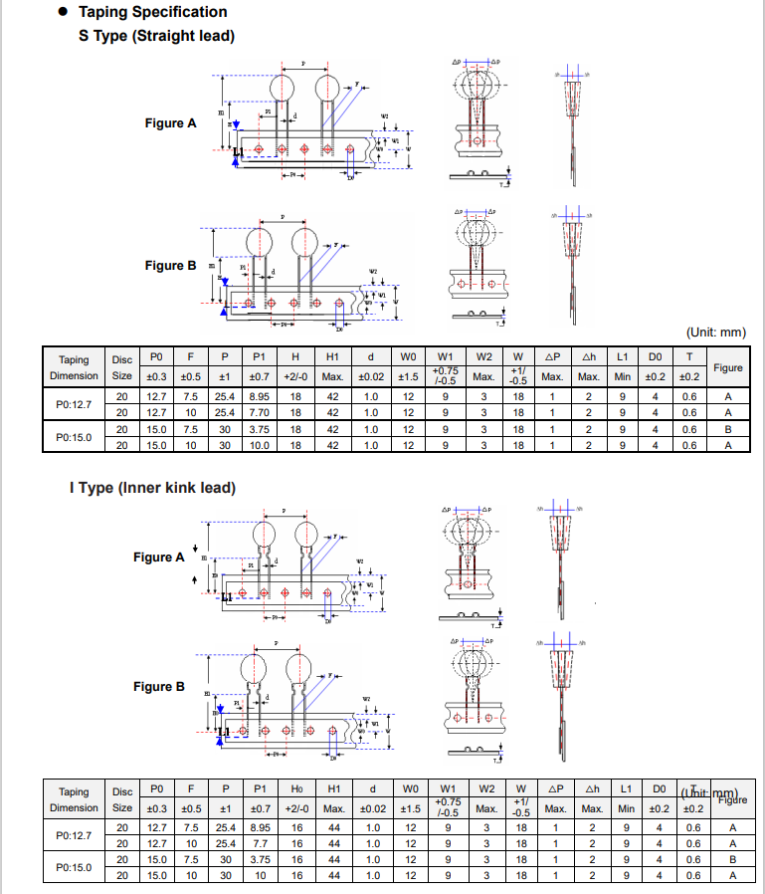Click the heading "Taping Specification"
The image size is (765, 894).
[x=152, y=12]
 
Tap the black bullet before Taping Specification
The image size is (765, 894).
[x=62, y=12]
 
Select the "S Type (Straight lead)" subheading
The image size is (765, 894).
[x=156, y=36]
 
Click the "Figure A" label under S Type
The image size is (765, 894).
[x=171, y=123]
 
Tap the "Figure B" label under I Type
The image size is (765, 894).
[x=159, y=687]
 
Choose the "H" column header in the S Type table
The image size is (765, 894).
[x=295, y=356]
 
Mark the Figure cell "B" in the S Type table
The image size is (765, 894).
[x=728, y=429]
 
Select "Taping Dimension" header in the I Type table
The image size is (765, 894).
[x=74, y=799]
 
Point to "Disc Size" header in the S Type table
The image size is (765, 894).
[x=121, y=367]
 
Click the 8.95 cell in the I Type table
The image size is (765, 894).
[x=261, y=827]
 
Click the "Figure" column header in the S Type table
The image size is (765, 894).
[x=728, y=367]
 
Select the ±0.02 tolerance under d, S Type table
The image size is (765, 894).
[x=371, y=376]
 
